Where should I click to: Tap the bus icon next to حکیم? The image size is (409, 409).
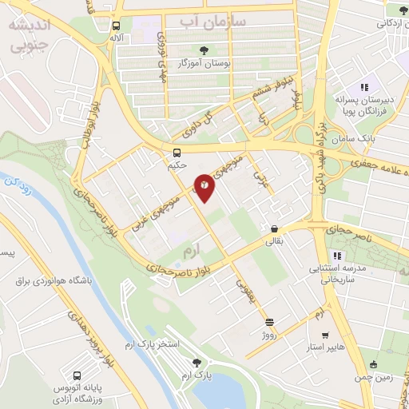pos(177,152)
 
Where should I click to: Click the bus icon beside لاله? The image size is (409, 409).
pos(117,25)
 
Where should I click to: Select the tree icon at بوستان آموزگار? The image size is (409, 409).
pos(204,49)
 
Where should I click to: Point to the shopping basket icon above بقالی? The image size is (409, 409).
pos(274,228)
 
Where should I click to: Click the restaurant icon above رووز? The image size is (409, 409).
pos(269,323)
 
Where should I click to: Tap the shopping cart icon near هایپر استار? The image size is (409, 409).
pos(324,336)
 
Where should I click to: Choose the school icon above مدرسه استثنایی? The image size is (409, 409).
pos(337,256)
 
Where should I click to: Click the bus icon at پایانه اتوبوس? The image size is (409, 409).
pos(77,375)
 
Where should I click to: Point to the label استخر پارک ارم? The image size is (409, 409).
pos(161,343)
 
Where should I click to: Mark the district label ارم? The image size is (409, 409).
pos(189,252)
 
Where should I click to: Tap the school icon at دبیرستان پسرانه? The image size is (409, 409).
pos(363,87)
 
